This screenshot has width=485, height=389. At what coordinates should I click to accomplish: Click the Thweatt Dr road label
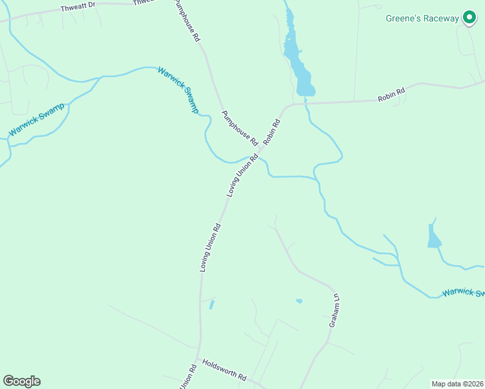click(78, 8)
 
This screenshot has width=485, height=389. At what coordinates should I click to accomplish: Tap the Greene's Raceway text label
click(422, 18)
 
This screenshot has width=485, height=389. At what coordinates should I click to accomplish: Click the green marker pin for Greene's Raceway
click(468, 18)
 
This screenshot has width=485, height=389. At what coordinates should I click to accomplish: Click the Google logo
click(21, 381)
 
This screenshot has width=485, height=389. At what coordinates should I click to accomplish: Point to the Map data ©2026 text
click(458, 384)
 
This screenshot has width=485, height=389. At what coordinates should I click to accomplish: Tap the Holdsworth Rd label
click(224, 370)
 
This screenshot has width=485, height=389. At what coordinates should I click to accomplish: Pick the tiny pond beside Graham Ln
click(299, 301)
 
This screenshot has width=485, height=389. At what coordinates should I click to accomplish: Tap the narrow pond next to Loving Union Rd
click(212, 304)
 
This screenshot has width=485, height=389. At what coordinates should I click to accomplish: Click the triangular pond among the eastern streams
click(432, 237)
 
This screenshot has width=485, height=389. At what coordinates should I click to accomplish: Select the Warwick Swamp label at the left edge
click(36, 119)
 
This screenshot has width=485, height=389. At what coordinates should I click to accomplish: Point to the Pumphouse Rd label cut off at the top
click(187, 21)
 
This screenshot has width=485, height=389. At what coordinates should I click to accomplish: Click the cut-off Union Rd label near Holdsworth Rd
click(187, 378)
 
